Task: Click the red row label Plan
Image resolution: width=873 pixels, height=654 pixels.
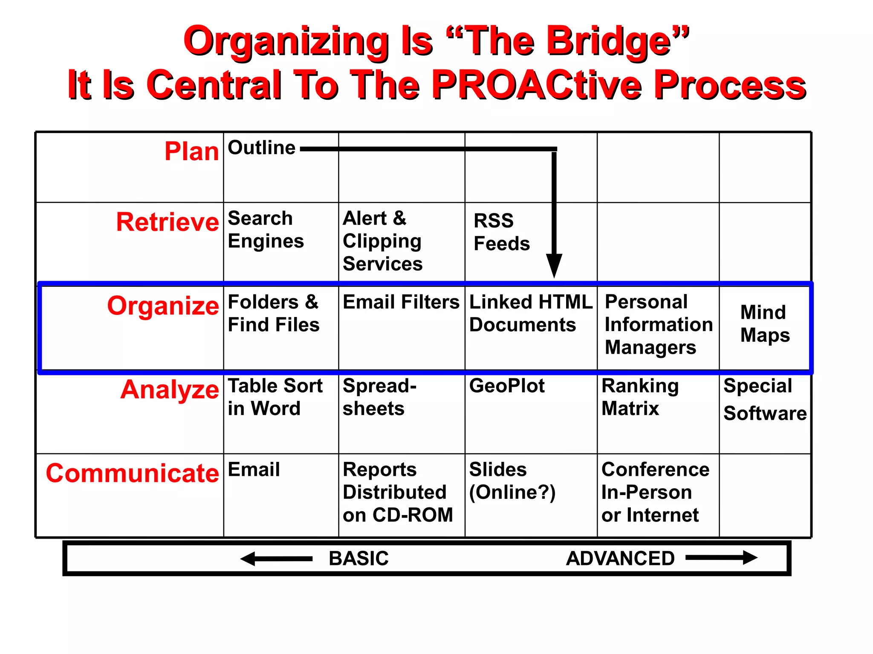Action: tap(191, 151)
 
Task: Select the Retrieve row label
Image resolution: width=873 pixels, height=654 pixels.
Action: tap(168, 222)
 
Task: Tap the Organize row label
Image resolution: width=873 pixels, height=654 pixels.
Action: tap(163, 305)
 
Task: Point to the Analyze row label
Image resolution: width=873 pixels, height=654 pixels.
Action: tap(170, 389)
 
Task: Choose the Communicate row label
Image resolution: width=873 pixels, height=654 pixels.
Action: tap(132, 473)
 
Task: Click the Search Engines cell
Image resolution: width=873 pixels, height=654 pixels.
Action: tap(266, 230)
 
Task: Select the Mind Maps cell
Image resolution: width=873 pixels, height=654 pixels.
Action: tap(765, 324)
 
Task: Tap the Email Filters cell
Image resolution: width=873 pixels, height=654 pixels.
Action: tap(401, 302)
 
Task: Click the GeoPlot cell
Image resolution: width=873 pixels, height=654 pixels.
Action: tap(507, 386)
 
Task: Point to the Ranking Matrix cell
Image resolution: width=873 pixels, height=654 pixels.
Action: tap(640, 397)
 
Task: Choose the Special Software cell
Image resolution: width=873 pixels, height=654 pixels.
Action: tap(765, 400)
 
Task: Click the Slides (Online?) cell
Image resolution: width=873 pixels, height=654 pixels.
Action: tap(512, 481)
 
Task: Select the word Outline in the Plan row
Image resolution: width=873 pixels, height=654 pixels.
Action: tap(261, 148)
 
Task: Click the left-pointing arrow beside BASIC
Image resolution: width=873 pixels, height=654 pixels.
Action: tap(276, 559)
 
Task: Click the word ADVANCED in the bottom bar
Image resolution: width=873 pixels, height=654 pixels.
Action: tap(620, 559)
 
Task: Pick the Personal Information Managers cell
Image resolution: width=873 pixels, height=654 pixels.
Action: tap(658, 325)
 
